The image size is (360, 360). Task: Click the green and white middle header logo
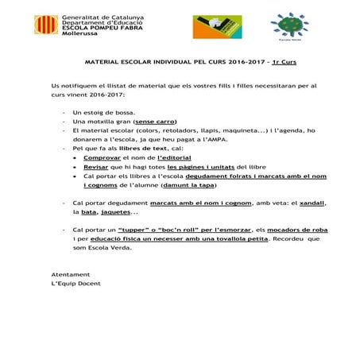point(213,25)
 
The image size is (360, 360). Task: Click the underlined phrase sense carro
point(154,122)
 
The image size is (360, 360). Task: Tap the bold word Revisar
point(95,168)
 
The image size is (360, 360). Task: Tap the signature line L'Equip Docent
point(75,284)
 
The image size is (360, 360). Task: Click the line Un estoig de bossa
point(103,112)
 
